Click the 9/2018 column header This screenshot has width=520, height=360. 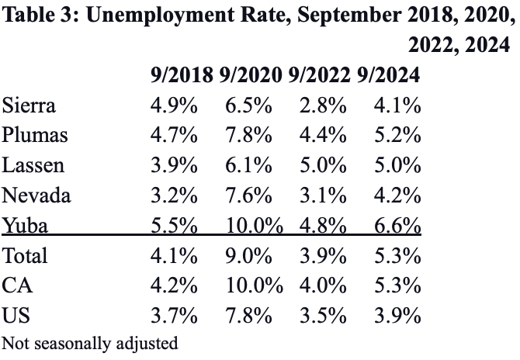point(182,75)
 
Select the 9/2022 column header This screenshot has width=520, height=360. point(321,75)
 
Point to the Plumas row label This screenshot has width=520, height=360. point(35,135)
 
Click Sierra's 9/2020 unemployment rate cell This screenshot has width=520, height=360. point(250,106)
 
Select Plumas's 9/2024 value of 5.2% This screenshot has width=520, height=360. point(397,135)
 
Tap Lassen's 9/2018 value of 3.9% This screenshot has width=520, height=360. point(174,165)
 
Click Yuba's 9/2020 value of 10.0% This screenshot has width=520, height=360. point(254,225)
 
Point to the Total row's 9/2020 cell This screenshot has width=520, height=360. point(250,255)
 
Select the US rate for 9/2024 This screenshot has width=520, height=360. point(397,315)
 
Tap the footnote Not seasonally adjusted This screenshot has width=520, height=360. point(90,342)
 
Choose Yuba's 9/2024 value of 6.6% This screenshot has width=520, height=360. point(397,225)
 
